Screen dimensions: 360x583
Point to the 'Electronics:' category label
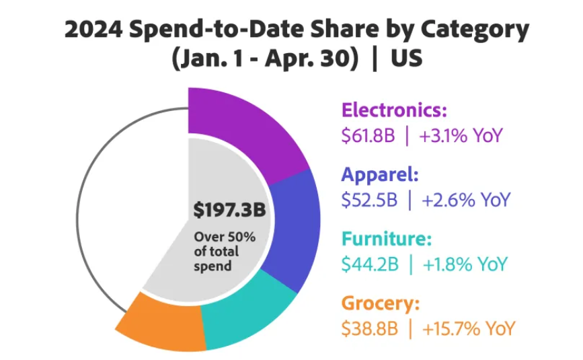tap(394, 110)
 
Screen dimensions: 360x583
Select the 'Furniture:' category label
tap(387, 239)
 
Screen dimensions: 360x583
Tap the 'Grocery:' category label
tap(381, 303)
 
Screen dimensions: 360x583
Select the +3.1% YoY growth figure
tap(461, 136)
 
